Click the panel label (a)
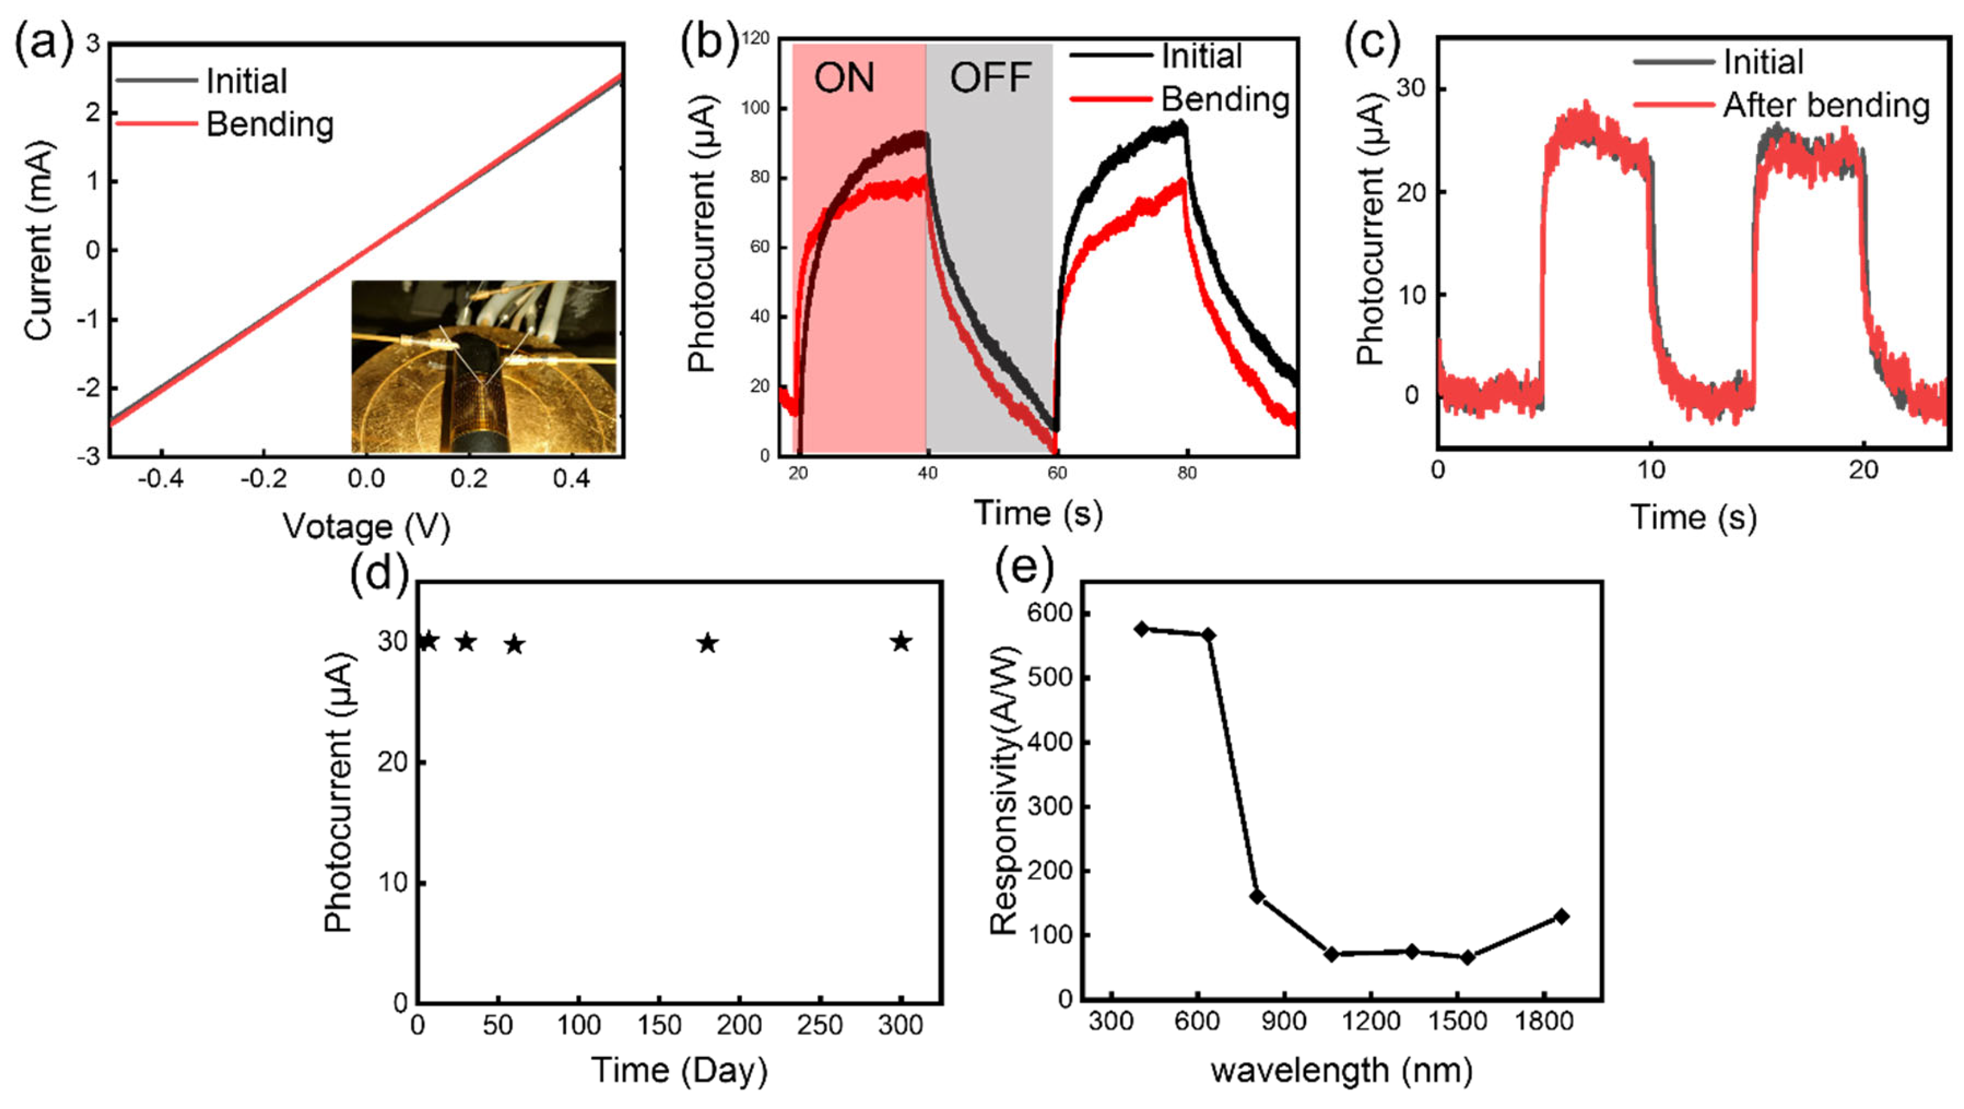[x=44, y=42]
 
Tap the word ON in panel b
[x=844, y=78]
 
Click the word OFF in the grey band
[x=990, y=78]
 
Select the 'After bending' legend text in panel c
[x=1825, y=105]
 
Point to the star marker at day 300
[x=901, y=642]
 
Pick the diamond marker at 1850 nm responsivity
[x=1562, y=916]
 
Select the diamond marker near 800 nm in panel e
[x=1257, y=896]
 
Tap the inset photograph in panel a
[x=483, y=366]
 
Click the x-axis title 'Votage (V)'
[x=366, y=527]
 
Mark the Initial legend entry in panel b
[x=1201, y=56]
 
